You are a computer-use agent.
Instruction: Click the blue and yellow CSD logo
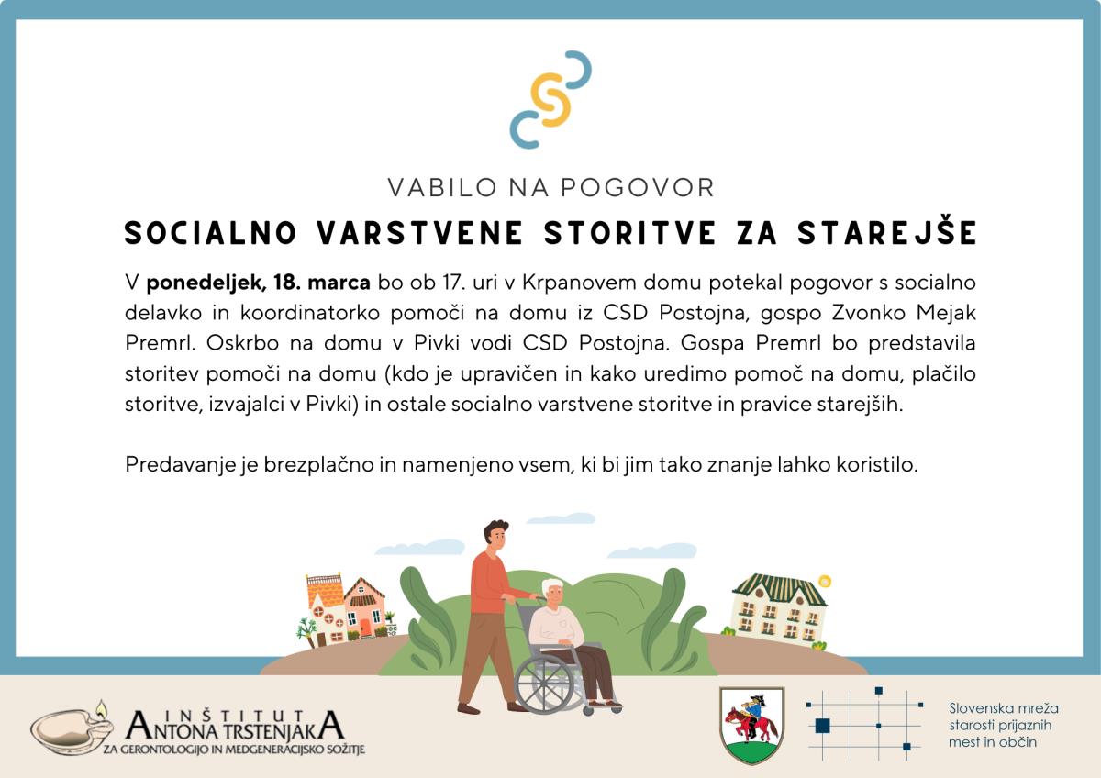pos(550,99)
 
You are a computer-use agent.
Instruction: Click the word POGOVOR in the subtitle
pos(637,188)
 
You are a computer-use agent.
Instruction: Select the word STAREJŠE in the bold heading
pos(886,232)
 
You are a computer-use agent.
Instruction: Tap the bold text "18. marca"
pos(322,283)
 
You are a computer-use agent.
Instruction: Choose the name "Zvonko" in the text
pos(869,313)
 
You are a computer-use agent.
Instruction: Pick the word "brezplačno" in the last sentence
pos(318,465)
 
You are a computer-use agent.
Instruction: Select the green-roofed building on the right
pos(778,610)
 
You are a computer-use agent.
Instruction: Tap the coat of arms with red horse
pos(751,726)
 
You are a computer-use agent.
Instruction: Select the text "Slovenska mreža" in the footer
pos(1004,708)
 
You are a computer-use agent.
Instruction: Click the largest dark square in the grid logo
pos(822,726)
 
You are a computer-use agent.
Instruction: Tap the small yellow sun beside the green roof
pos(825,581)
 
